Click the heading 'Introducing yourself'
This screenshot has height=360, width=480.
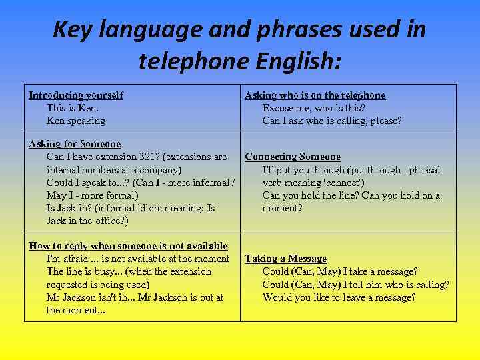tap(75, 95)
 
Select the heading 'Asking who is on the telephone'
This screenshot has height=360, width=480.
tap(315, 95)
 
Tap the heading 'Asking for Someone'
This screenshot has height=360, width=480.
tap(75, 144)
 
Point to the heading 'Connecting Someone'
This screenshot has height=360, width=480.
tap(293, 157)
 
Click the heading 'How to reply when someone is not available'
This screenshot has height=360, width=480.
tap(128, 246)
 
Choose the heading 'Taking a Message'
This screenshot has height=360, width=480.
tap(286, 259)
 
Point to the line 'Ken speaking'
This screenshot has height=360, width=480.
tap(76, 121)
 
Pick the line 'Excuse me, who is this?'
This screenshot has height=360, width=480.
tap(313, 108)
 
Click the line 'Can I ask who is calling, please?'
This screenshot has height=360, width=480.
tap(332, 121)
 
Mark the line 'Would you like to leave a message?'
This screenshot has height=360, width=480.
tap(339, 297)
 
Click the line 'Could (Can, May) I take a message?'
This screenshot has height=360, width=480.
tap(340, 271)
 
